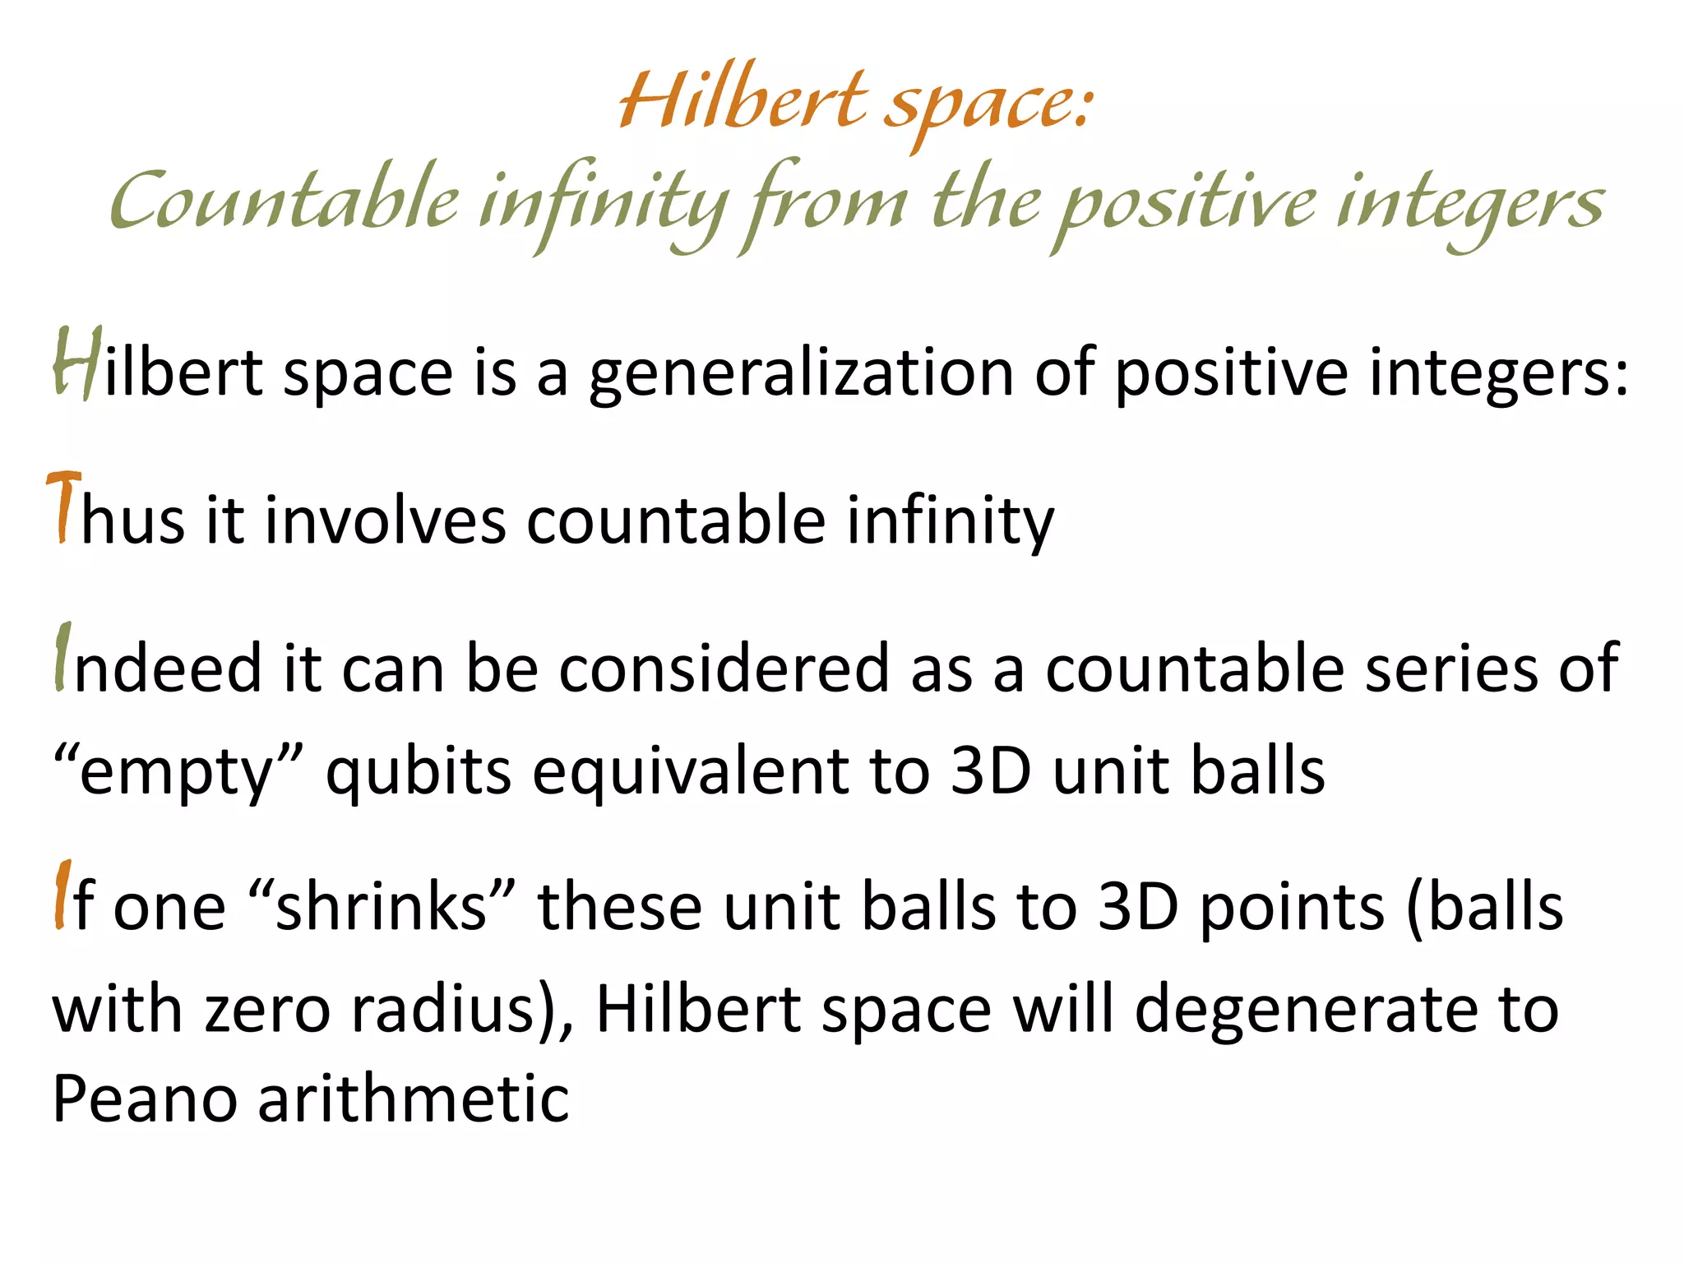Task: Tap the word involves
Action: [385, 520]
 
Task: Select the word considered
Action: [724, 668]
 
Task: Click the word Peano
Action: [145, 1099]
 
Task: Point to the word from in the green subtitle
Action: [822, 205]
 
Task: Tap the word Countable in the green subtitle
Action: [284, 201]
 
